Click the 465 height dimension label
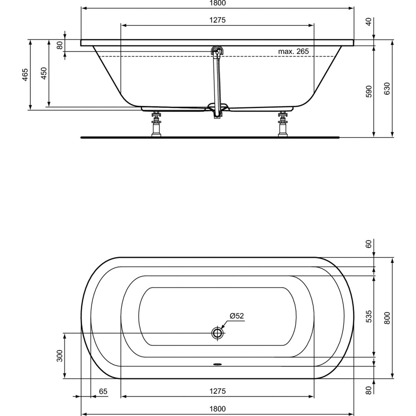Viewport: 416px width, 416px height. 25,75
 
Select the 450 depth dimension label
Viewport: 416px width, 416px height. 44,73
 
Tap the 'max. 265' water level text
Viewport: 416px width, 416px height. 293,51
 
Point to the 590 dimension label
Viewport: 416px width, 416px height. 369,92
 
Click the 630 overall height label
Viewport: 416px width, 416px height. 388,88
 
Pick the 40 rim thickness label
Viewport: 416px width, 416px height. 369,22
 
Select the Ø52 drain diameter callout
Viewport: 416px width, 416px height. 237,316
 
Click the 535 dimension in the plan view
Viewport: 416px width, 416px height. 369,317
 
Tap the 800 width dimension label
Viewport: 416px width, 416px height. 388,318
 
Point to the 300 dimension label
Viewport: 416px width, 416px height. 59,356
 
